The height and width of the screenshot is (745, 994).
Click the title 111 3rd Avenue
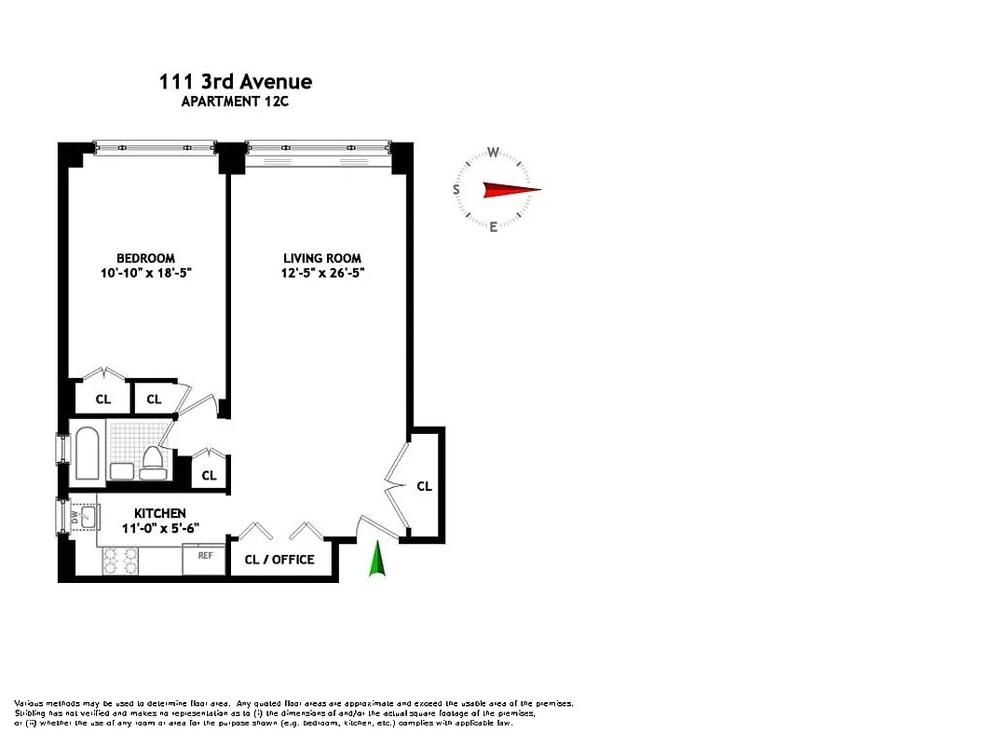236,82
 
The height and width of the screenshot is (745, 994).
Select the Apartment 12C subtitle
236,102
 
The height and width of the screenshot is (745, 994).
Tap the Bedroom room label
145,258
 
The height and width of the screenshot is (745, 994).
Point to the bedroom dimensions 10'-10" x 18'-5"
145,273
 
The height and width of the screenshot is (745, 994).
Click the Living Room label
322,258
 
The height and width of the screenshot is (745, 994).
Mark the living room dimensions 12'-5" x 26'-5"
322,273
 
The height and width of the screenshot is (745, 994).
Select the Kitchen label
159,513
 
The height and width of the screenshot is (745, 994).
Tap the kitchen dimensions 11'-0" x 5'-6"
159,528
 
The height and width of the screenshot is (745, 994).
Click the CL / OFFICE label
279,560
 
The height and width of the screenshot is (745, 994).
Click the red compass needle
510,190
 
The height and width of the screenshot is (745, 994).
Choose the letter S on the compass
456,190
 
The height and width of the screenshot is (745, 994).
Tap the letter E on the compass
494,226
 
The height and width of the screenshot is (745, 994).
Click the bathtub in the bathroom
89,454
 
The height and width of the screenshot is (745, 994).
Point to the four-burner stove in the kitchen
119,560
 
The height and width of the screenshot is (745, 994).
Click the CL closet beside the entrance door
425,486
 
